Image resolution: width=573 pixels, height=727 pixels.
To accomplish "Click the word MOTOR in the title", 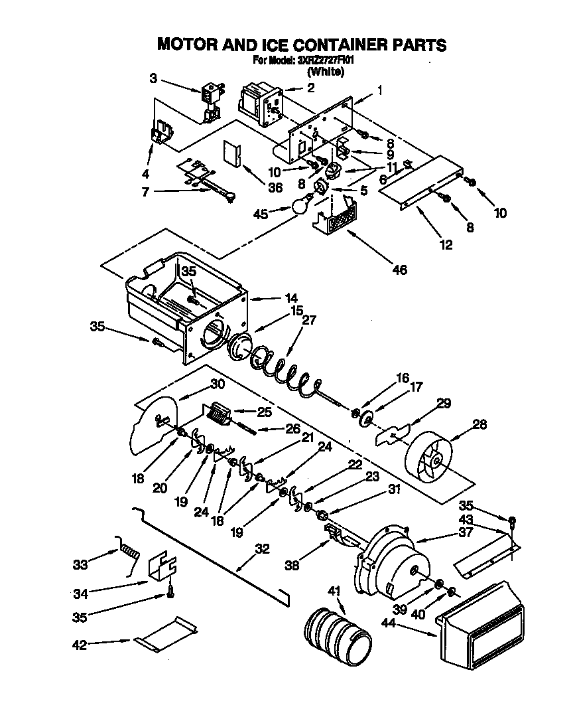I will coord(188,44).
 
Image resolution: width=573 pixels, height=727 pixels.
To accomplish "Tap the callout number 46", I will coord(399,269).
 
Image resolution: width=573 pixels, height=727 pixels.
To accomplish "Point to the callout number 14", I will coord(291,298).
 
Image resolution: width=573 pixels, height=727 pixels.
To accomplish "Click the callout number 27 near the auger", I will coord(310,320).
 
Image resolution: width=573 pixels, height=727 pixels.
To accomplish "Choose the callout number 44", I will coord(391,623).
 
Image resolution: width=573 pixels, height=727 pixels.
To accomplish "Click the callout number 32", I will coord(262,548).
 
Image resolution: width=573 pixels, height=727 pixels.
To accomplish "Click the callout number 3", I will coord(153,78).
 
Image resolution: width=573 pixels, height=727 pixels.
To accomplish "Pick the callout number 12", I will coord(445,244).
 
